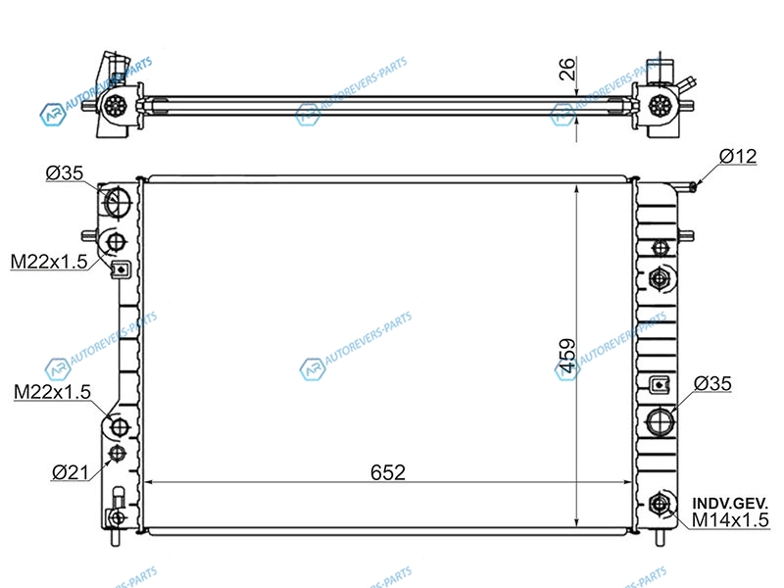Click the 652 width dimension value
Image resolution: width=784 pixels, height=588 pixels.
coord(388,472)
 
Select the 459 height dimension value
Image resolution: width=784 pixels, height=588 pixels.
coord(567,356)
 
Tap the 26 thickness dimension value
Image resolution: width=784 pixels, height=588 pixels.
coord(567,69)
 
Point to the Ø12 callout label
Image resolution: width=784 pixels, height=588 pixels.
coord(738,157)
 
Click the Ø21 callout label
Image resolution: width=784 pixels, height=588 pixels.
coord(70,472)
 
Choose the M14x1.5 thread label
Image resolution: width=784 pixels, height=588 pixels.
coord(730,520)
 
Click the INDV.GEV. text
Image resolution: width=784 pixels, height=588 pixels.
coord(730,503)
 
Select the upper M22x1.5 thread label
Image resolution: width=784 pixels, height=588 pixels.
coord(49,262)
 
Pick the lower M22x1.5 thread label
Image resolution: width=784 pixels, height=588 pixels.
coord(53,391)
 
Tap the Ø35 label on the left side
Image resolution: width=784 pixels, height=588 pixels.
coord(65,173)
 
